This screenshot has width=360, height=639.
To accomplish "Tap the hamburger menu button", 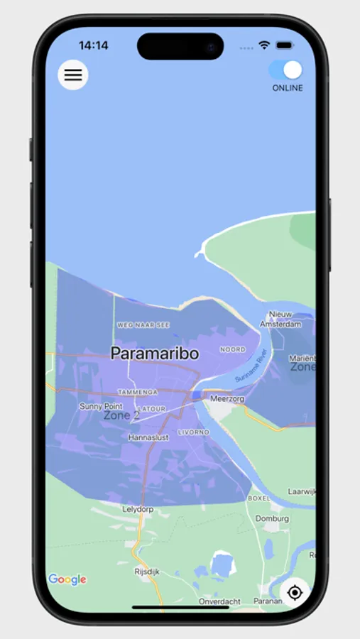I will click(73, 75).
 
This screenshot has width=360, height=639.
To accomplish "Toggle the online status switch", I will click(285, 70).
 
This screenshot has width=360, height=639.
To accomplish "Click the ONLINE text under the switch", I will click(288, 88).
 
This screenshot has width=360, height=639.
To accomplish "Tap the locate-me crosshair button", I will click(295, 592).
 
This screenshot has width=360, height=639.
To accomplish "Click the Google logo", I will click(67, 579).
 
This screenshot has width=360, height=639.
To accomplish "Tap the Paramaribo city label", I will click(155, 353).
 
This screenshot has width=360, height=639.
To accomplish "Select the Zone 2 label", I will click(121, 415).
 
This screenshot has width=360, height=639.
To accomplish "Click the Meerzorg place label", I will click(227, 398).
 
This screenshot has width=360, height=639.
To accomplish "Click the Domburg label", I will click(272, 518).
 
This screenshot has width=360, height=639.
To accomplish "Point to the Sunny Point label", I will click(101, 406).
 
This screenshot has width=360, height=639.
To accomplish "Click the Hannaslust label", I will click(148, 438).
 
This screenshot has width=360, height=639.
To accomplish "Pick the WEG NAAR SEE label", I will click(143, 324).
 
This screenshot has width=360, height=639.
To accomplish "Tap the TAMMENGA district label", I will click(137, 391).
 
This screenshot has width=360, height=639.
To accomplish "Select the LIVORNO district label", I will click(194, 432).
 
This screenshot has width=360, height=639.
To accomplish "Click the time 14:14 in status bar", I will click(93, 45).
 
